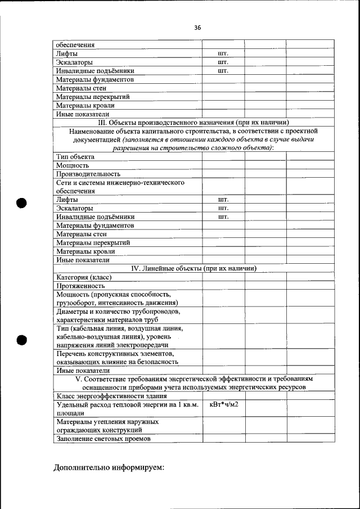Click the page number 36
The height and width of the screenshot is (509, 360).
click(197, 27)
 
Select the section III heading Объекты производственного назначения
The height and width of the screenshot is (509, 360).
click(193, 122)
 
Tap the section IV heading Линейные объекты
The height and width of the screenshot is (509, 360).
click(193, 268)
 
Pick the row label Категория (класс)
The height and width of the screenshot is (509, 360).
click(84, 277)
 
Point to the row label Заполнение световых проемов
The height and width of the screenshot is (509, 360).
click(103, 439)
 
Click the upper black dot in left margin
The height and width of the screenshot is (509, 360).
click(22, 203)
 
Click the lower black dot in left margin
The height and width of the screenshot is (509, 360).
click(22, 340)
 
